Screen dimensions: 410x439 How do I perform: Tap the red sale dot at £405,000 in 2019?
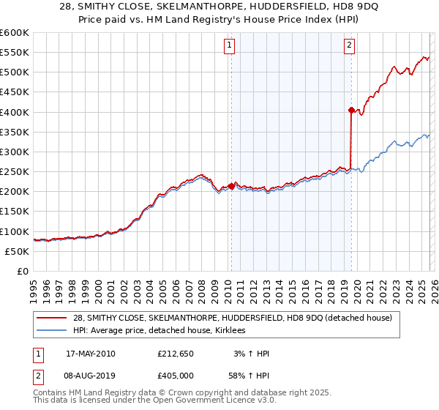click(351, 111)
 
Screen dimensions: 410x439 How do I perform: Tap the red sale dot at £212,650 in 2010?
click(232, 186)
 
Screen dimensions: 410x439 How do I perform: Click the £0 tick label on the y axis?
click(21, 271)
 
